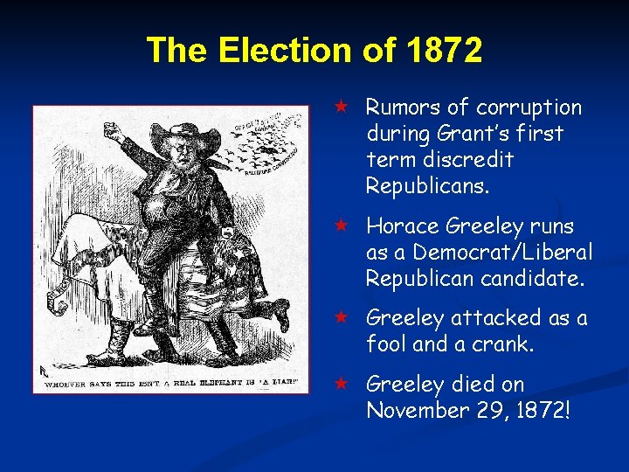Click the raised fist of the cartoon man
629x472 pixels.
click(x=111, y=135)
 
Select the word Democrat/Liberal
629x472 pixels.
click(x=502, y=253)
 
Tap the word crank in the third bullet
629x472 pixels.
click(x=502, y=344)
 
